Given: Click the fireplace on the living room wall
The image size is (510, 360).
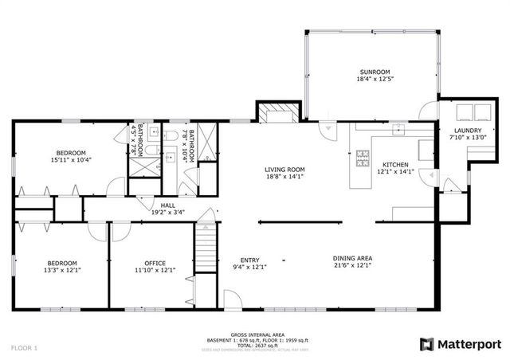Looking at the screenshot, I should click(x=277, y=114).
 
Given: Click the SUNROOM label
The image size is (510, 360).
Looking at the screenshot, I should click(x=373, y=72).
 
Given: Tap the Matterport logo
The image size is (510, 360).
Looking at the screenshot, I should click(x=461, y=343).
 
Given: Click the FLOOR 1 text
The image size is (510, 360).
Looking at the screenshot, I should click(x=24, y=348).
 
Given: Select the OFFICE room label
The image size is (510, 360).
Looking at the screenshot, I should click(x=155, y=263).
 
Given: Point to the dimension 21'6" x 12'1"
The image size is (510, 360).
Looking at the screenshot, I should click(x=354, y=267).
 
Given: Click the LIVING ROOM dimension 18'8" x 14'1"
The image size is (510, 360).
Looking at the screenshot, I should click(x=284, y=178).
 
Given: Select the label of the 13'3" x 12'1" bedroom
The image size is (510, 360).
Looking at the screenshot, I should click(x=61, y=263).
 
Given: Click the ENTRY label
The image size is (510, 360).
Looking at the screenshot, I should click(x=250, y=259).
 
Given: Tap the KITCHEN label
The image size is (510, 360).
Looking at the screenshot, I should click(x=394, y=165).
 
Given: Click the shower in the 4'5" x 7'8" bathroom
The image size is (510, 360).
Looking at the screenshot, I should click(x=144, y=166).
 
